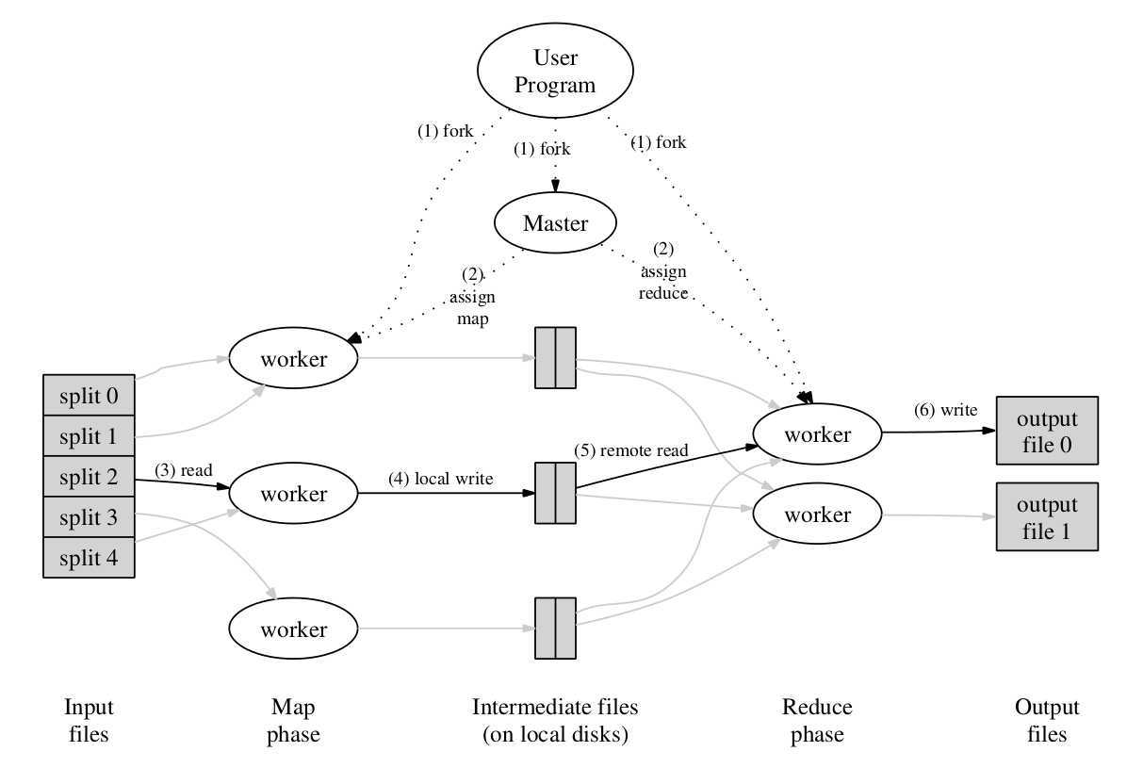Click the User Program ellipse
[554, 73]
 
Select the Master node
[555, 224]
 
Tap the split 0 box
[89, 395]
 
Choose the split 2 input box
[89, 478]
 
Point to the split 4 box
[89, 557]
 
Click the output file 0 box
[1047, 431]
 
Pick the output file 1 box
[1047, 517]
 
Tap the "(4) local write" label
[441, 479]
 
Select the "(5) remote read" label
[631, 450]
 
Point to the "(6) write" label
[945, 410]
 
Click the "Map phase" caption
[294, 721]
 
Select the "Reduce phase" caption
[817, 721]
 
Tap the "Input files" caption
[89, 721]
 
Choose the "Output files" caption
[1047, 721]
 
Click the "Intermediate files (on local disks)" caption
[554, 721]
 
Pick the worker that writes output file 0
[817, 434]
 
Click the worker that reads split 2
[294, 494]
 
